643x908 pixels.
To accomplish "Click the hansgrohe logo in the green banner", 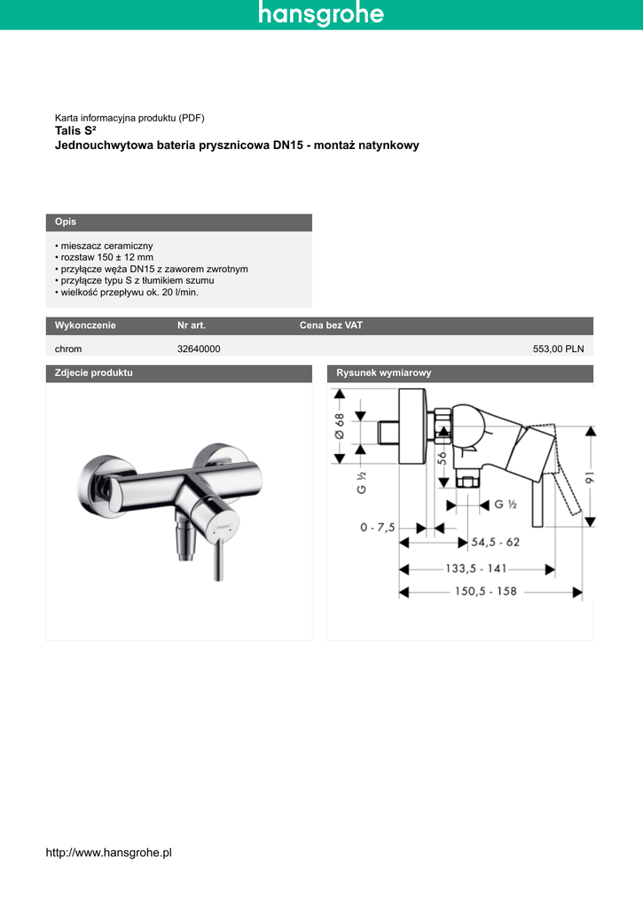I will pos(321,14).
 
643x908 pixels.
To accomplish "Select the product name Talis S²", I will pos(75,130).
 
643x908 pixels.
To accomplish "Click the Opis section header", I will pos(66,222).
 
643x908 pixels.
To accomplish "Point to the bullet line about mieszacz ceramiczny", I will pos(104,245).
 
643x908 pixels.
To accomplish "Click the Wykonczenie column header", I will pos(85,325).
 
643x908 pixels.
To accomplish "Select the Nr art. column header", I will pos(192,325).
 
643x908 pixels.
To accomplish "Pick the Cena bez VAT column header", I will pos(331,325).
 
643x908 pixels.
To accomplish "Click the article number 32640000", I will pos(199,349).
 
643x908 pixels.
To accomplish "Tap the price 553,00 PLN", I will pos(558,349).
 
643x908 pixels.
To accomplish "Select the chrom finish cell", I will pos(68,349).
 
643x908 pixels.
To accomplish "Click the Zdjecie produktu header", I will pos(93,373).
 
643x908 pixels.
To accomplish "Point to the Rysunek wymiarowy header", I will pos(383,373).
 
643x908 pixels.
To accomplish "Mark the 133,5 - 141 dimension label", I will pos(475,568).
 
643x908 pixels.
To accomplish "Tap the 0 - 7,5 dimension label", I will pos(377,528).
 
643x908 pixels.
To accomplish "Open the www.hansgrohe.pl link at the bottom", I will pos(107,852).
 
